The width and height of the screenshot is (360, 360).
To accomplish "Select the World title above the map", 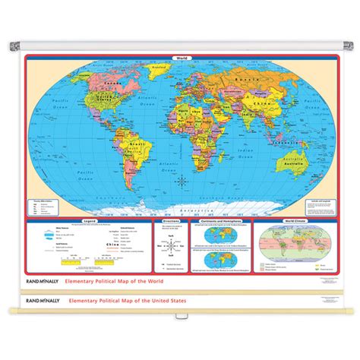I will pyautogui.click(x=180, y=58).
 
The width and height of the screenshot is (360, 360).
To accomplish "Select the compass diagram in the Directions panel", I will pyautogui.click(x=170, y=249).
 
